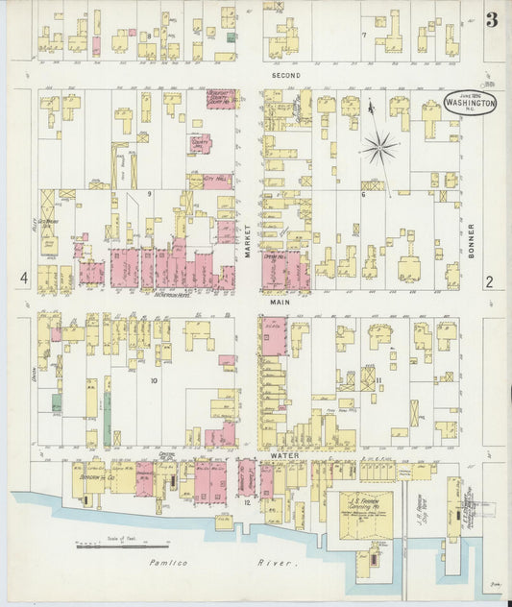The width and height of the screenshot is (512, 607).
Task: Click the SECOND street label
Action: click(x=285, y=75)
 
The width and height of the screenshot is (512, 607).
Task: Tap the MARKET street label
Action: click(x=247, y=234)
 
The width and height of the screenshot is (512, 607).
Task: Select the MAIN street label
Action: click(x=280, y=302)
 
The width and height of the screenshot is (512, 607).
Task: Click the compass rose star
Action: click(x=380, y=147)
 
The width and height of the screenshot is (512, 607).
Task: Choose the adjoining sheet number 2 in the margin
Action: click(x=489, y=281)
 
